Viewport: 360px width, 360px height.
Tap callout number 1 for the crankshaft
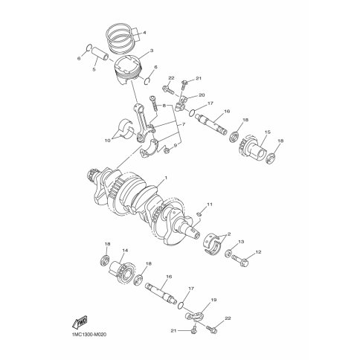coord(166,178)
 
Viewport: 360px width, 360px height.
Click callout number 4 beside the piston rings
coord(144,33)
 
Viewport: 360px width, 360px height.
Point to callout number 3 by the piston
coord(152,51)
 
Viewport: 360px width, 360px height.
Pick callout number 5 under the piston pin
coord(94,70)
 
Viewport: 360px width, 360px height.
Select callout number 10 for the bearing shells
coord(107,141)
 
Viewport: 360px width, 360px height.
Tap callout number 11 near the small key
coord(210,205)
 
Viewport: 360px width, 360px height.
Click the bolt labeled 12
coord(240,260)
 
